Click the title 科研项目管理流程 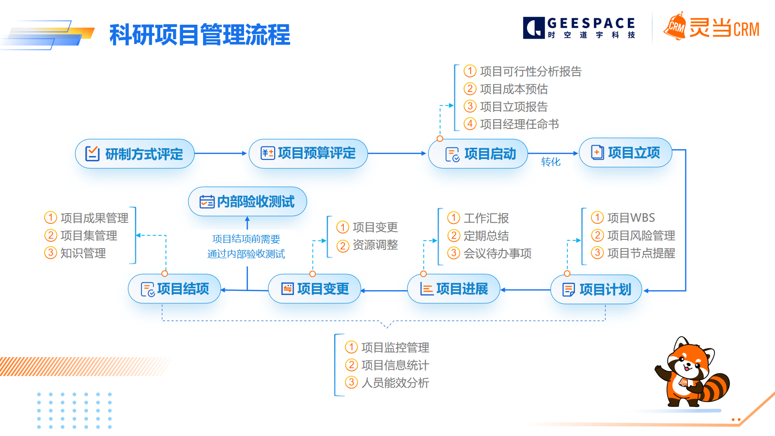click(x=200, y=35)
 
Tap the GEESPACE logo click(x=579, y=28)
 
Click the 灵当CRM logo click(x=711, y=28)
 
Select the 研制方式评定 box click(x=135, y=154)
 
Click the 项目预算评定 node click(x=308, y=154)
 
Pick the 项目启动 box click(x=478, y=154)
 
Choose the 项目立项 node click(x=625, y=153)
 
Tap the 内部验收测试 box click(x=248, y=202)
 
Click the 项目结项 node click(x=174, y=289)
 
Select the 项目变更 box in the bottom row click(x=314, y=289)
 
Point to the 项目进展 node click(x=453, y=289)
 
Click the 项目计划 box click(x=596, y=290)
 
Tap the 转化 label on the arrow click(x=551, y=162)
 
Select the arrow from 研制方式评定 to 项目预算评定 click(x=221, y=154)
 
